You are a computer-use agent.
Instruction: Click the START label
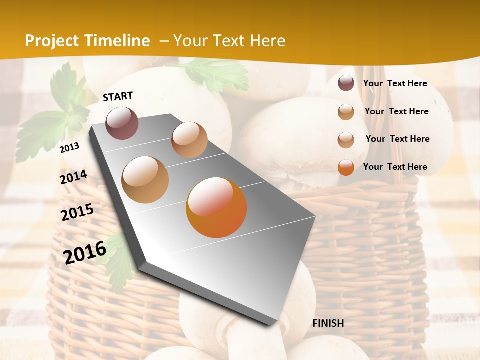coord(118,96)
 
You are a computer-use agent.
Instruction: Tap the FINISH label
coord(328,323)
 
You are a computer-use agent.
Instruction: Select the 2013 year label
coord(69,148)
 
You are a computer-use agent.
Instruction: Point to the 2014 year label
coord(73,177)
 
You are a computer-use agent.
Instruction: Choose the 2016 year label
coord(85,252)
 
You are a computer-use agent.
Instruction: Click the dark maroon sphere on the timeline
coord(122,123)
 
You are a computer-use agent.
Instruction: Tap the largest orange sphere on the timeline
coord(216,207)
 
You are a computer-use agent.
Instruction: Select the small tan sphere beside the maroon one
coord(189,140)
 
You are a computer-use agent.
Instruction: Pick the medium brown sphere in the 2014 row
coord(145,179)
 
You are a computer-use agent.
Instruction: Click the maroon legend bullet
coord(346,83)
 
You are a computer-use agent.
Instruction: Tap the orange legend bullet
coord(346,167)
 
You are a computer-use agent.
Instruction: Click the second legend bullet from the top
coord(346,112)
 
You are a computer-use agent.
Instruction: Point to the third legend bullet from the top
coord(346,140)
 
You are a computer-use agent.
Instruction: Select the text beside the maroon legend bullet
coord(395,84)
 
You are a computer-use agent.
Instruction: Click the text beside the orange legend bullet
coord(395,167)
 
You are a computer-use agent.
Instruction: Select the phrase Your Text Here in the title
coord(229,41)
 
